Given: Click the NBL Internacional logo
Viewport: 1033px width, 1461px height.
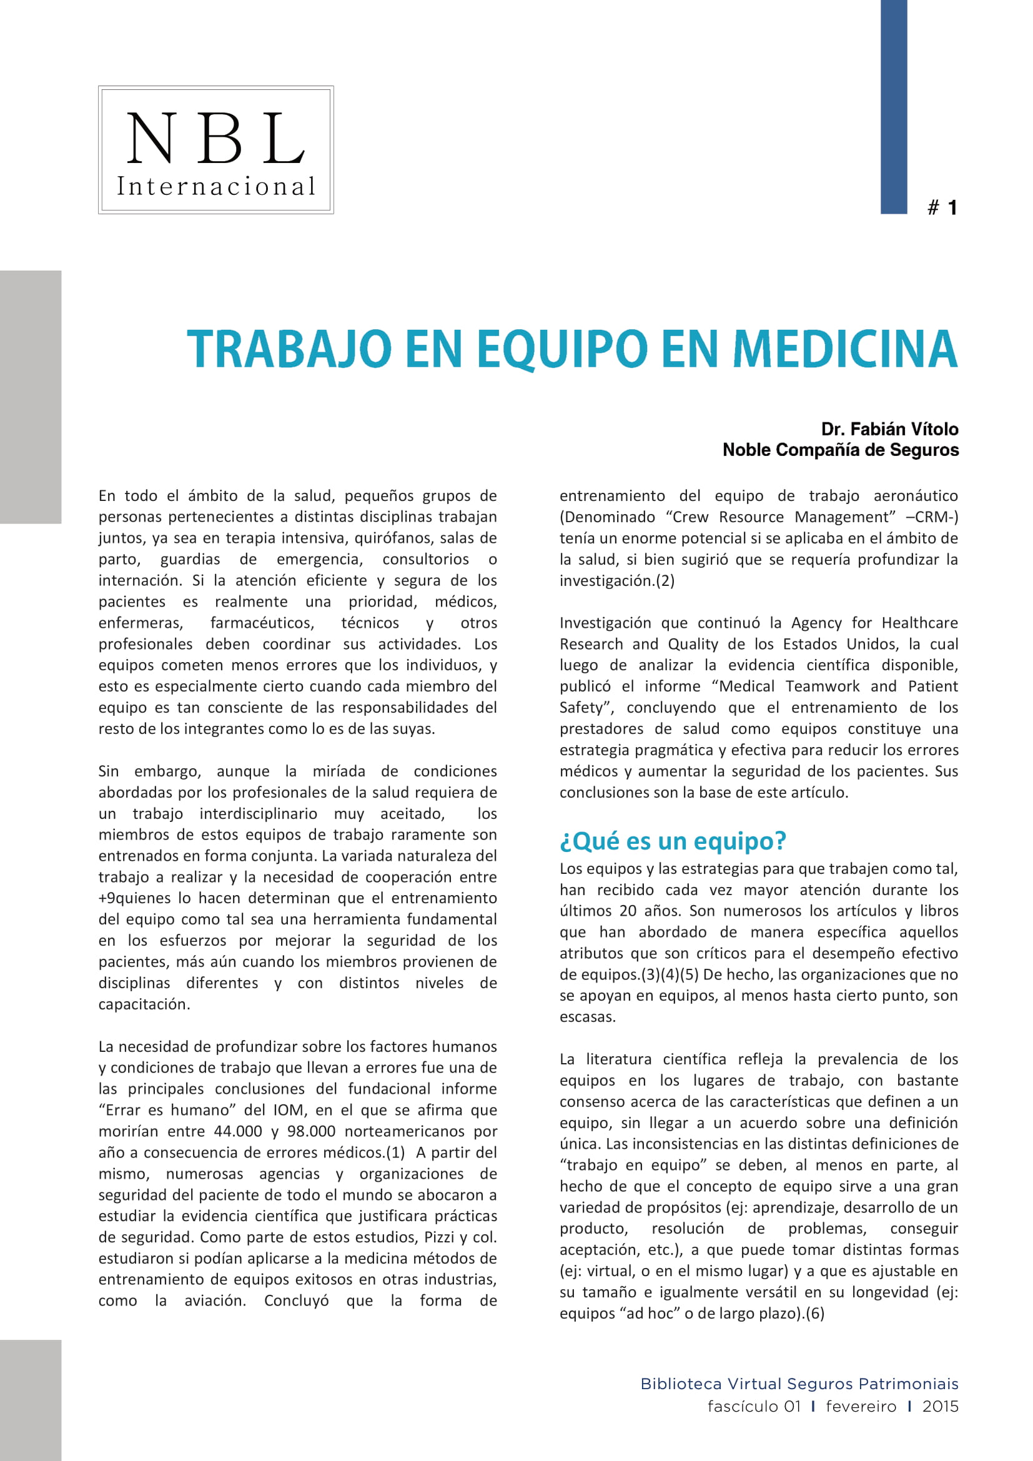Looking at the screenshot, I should [215, 150].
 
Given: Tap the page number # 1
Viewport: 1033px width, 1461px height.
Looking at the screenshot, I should [942, 207].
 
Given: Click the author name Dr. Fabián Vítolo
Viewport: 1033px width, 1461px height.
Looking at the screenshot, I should [889, 429].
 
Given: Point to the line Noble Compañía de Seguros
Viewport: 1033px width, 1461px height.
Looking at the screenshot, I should [840, 450].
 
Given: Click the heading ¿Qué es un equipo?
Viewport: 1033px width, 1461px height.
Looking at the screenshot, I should [673, 841].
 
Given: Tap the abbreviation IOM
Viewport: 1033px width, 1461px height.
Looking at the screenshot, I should [288, 1111].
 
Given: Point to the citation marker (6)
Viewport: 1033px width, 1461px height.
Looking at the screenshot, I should [814, 1314].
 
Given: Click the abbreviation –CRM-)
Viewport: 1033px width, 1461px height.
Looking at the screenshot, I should [932, 517].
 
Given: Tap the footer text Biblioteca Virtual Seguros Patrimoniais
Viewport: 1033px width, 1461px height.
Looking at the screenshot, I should [799, 1384].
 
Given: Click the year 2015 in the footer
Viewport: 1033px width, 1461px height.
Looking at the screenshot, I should [940, 1406].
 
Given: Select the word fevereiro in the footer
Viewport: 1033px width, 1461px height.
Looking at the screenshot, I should [861, 1406].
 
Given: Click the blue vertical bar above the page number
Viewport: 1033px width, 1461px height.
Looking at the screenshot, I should [893, 106].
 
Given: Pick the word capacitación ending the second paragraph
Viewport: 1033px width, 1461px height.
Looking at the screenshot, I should [144, 1004].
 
